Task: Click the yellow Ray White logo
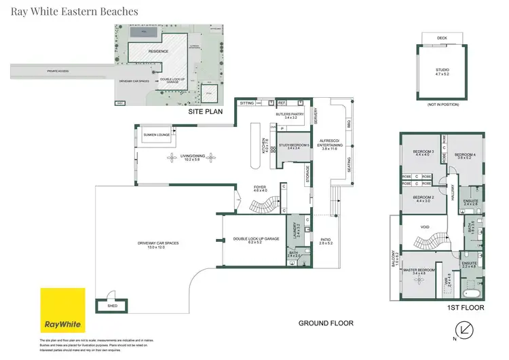pyautogui.click(x=63, y=310)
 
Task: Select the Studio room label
pyautogui.click(x=442, y=71)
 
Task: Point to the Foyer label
pyautogui.click(x=261, y=188)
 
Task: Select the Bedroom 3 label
pyautogui.click(x=422, y=152)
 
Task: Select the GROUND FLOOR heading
pyautogui.click(x=326, y=323)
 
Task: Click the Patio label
pyautogui.click(x=326, y=240)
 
